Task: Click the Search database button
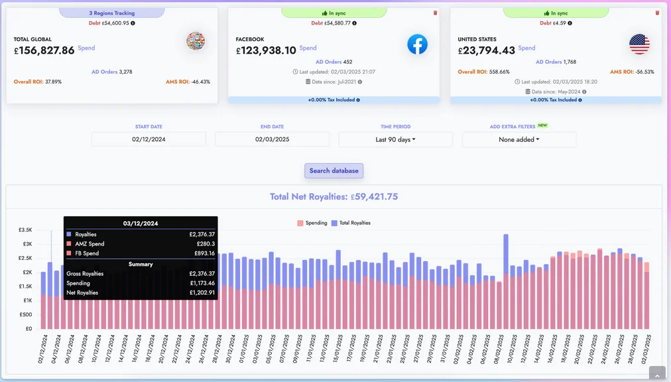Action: [x=334, y=170]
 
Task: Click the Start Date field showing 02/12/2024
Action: [x=149, y=139]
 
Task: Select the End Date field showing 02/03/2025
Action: [x=272, y=139]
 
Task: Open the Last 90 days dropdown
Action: [x=395, y=139]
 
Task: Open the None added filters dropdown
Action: [x=518, y=139]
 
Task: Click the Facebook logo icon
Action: [x=417, y=44]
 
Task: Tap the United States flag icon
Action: [x=639, y=44]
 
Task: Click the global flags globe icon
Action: [x=196, y=41]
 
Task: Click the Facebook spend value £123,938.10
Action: [x=266, y=50]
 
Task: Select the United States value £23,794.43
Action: [x=486, y=50]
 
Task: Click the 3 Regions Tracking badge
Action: [x=111, y=13]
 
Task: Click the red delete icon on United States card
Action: [x=657, y=13]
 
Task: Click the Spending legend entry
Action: [x=312, y=223]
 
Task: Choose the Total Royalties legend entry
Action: [x=351, y=223]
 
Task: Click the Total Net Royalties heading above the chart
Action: [x=334, y=196]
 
